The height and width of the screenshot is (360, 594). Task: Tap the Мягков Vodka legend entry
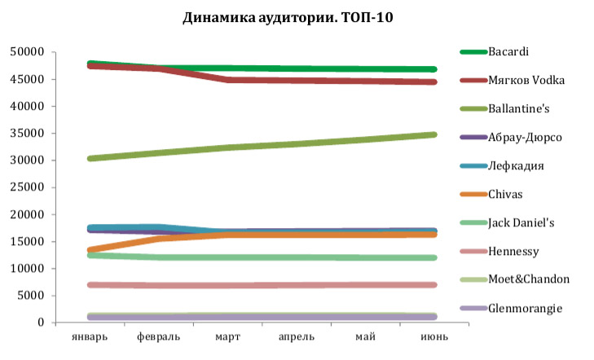coord(526,80)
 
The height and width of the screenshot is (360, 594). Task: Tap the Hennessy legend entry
coord(513,251)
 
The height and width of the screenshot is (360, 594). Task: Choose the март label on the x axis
coord(227,337)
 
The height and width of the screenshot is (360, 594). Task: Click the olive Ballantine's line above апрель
coord(297,143)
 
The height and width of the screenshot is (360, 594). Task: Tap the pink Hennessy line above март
coord(227,285)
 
